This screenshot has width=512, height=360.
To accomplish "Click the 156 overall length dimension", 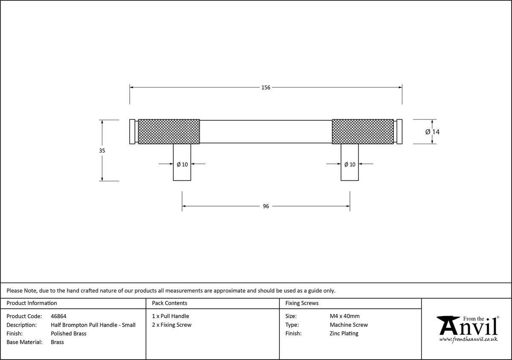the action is point(265,87).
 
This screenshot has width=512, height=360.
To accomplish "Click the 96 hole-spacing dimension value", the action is point(266,206).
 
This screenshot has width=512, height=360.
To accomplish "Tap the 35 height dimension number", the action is point(102,151).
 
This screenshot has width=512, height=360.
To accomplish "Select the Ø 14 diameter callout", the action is point(432,132).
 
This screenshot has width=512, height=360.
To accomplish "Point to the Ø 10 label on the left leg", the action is point(182,164).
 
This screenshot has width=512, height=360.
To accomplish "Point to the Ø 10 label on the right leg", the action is point(350,164).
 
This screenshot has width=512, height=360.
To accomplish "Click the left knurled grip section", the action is point(169,132).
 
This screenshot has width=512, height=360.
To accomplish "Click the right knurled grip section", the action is point(363,132).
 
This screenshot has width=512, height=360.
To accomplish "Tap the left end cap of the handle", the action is point(132,132).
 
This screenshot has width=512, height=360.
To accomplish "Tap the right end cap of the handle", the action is point(399,132).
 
